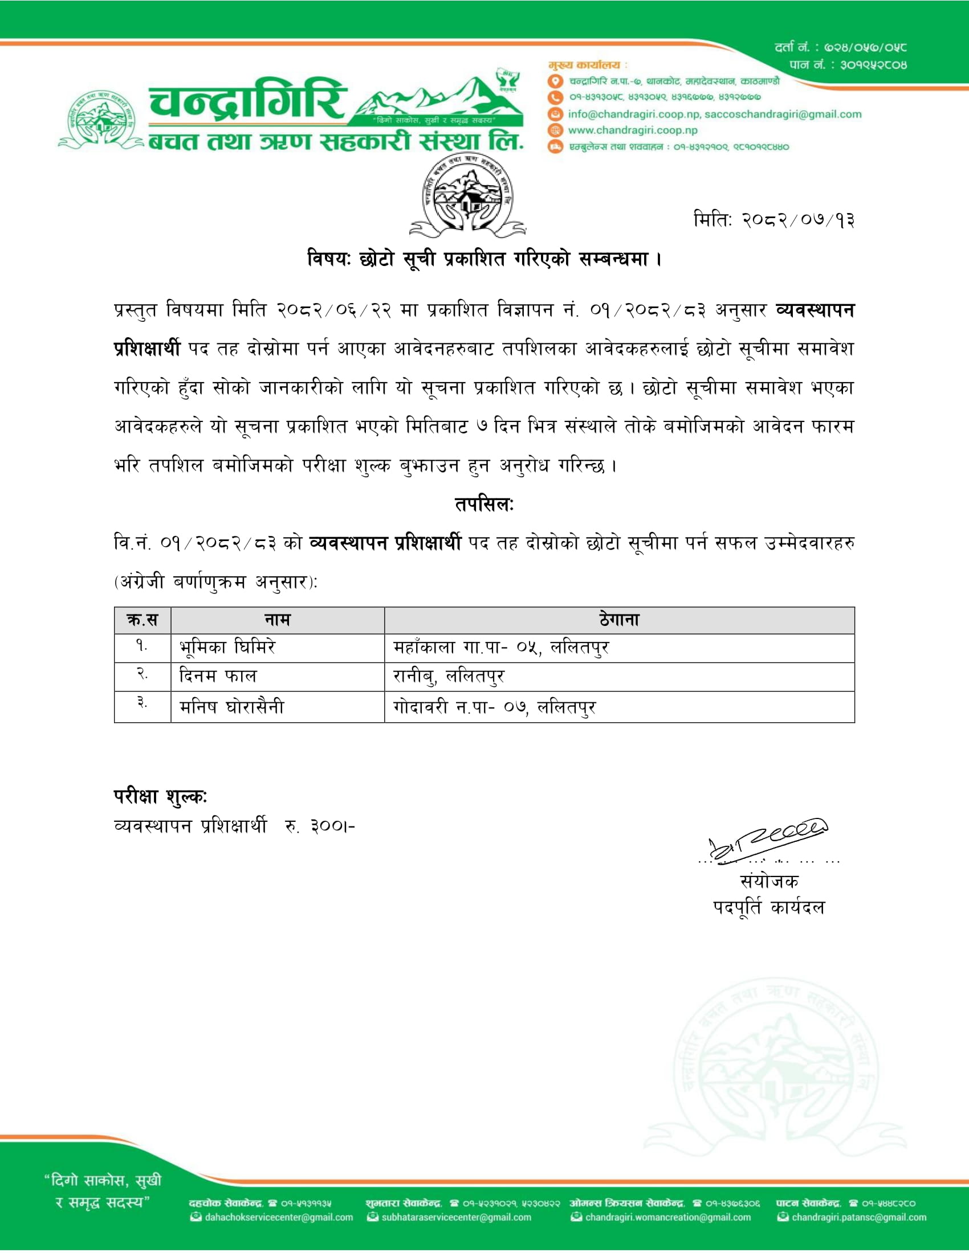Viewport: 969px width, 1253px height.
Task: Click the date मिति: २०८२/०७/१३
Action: [x=773, y=220]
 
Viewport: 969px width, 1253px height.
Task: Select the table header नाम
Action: [x=277, y=620]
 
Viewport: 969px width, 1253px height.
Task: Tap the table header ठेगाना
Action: [x=619, y=620]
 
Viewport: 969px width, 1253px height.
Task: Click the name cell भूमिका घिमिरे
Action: [x=227, y=648]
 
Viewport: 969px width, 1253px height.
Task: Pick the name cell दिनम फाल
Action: [x=218, y=677]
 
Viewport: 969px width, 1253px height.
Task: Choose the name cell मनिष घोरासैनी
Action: [x=231, y=707]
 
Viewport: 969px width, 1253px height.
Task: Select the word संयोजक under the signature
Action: [x=769, y=881]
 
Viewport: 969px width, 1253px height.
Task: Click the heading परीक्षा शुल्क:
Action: [x=160, y=796]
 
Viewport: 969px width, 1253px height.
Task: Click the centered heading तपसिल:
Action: [x=484, y=505]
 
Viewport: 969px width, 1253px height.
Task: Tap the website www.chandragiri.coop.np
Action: [x=633, y=130]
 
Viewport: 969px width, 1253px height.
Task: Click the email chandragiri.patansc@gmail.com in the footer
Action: [x=859, y=1218]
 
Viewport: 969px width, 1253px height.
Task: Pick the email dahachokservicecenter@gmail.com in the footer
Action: [x=278, y=1218]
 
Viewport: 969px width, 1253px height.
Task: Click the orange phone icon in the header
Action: [x=555, y=97]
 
